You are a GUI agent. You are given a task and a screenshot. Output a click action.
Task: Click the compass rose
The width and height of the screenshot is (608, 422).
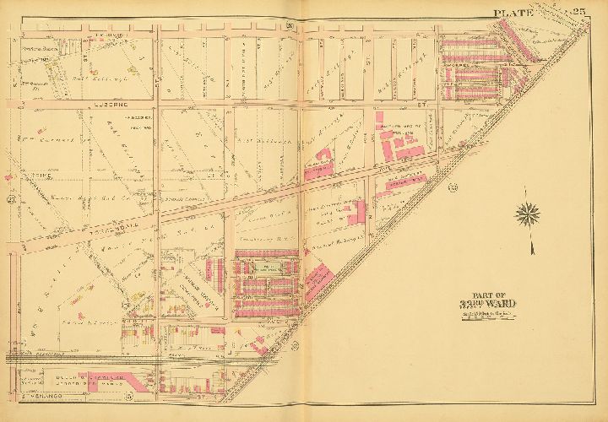(530, 216)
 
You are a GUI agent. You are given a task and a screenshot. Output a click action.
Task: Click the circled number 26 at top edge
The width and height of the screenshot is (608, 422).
(289, 28)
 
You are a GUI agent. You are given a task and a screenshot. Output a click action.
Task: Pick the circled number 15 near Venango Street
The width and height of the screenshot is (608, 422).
(128, 395)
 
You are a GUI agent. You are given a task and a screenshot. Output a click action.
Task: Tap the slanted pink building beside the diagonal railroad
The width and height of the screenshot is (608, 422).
(313, 279)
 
